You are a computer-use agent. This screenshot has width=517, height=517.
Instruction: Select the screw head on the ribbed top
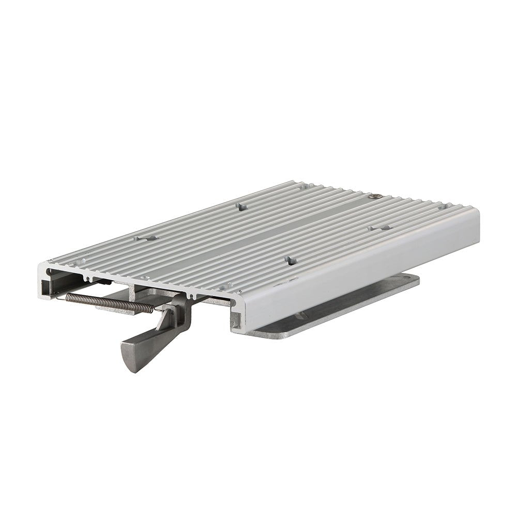click(x=376, y=196)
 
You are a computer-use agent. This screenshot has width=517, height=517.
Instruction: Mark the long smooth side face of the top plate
click(x=362, y=269)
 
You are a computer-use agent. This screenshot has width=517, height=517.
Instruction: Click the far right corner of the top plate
click(x=477, y=212)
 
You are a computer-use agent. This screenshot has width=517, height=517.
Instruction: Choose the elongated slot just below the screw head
click(x=380, y=227)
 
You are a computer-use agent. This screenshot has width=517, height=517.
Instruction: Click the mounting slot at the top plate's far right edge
click(x=443, y=207)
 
